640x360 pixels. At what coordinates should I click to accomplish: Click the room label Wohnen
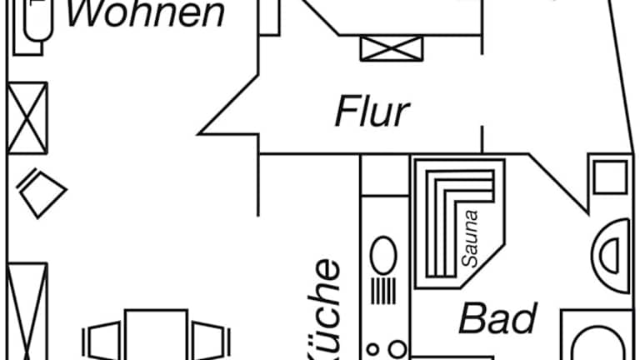click(145, 14)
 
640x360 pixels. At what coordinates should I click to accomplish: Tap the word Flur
click(372, 112)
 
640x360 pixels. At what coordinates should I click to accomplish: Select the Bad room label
click(497, 318)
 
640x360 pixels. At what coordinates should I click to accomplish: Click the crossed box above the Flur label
click(392, 47)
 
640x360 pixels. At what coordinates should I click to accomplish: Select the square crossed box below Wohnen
click(27, 117)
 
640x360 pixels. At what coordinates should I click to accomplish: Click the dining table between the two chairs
click(156, 335)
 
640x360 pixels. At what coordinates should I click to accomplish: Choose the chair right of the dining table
click(210, 341)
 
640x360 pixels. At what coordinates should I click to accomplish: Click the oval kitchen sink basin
click(384, 255)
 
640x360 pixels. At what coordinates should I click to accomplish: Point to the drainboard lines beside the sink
click(384, 292)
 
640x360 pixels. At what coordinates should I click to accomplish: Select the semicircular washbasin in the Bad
click(611, 255)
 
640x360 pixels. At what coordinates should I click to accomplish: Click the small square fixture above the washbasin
click(609, 177)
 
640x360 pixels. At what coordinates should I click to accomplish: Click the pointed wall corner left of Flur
click(202, 131)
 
